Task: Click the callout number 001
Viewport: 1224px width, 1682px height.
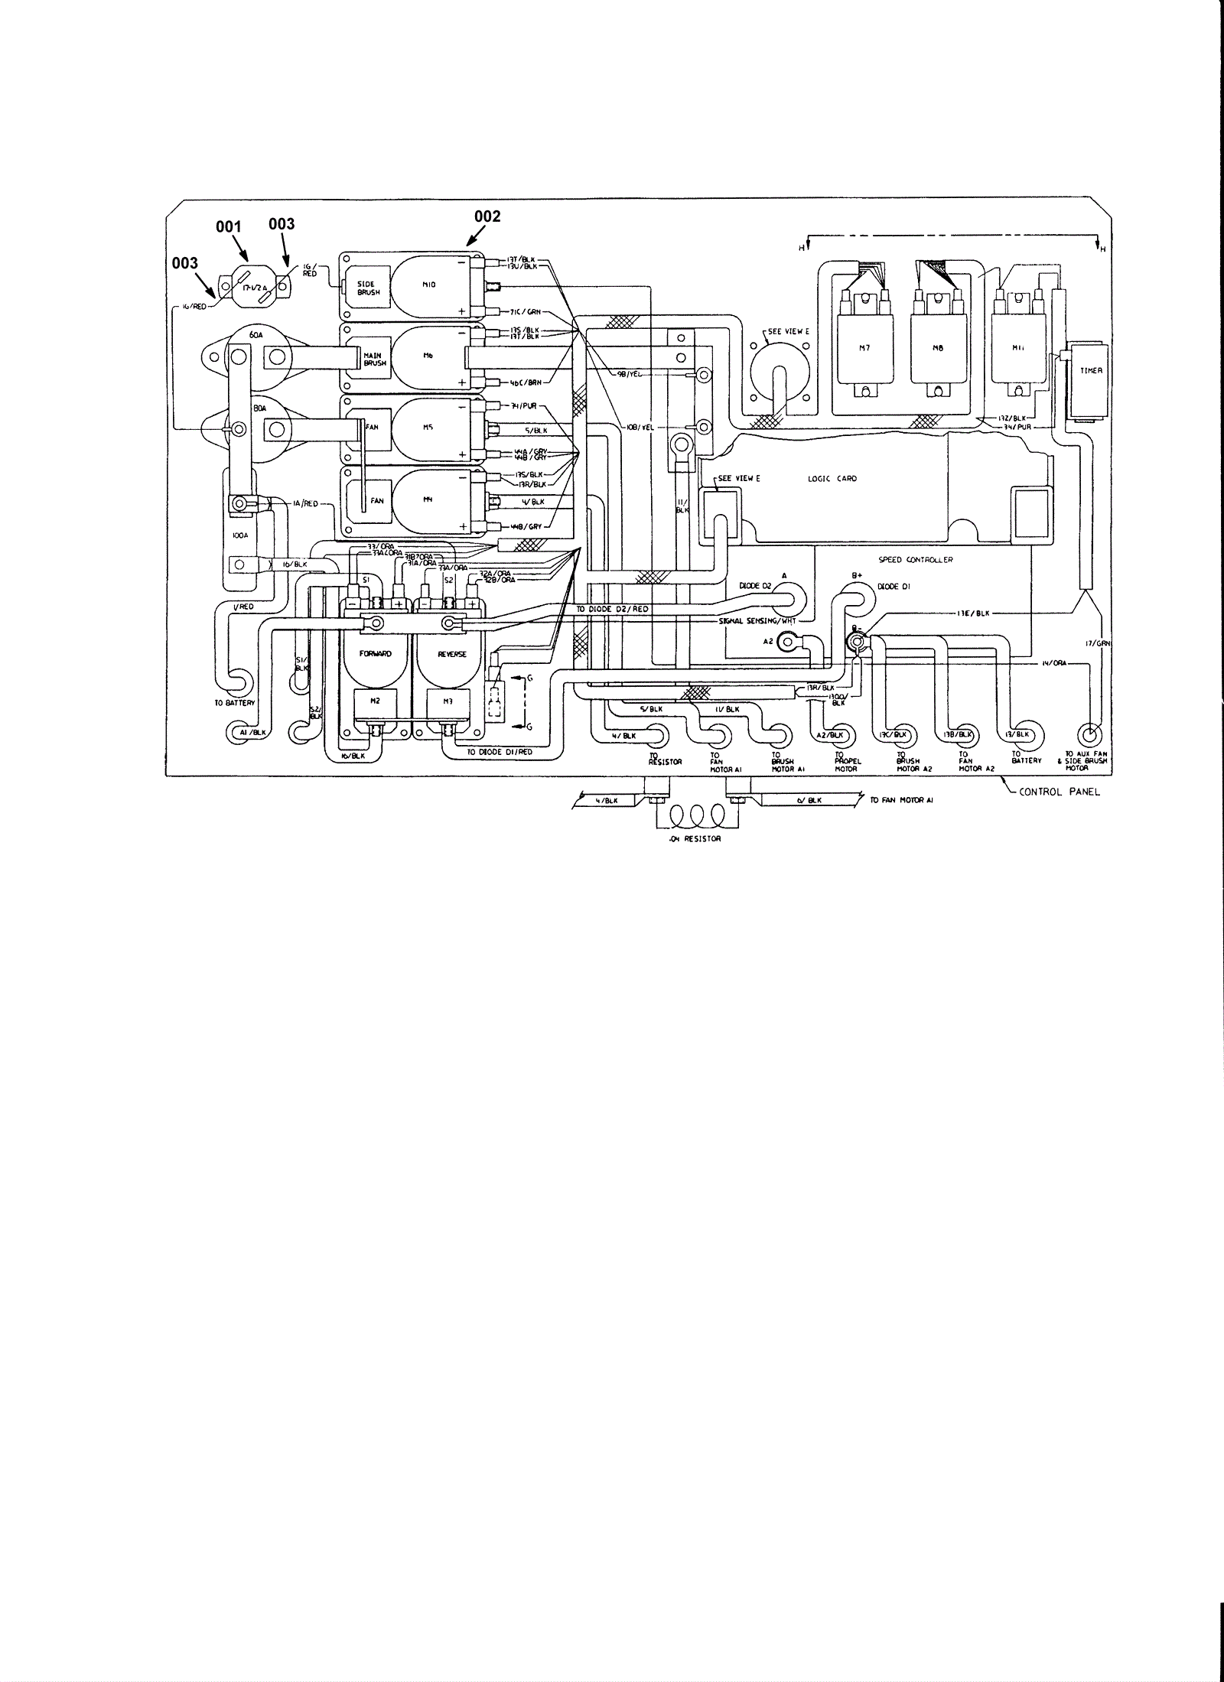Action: click(x=229, y=226)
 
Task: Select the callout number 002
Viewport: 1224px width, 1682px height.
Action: click(x=487, y=216)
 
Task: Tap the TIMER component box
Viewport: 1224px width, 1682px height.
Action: click(x=1090, y=380)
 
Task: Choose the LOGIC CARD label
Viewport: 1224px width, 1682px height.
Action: click(x=832, y=479)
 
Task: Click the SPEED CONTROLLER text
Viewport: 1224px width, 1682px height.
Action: click(x=926, y=560)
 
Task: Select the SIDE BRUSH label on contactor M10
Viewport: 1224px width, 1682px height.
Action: click(x=366, y=288)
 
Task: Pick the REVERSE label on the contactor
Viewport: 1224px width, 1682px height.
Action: click(x=451, y=654)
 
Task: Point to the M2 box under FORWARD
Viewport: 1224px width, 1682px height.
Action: click(x=376, y=701)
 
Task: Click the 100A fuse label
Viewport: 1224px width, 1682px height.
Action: click(x=240, y=536)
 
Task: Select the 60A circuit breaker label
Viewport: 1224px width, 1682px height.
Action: click(x=256, y=334)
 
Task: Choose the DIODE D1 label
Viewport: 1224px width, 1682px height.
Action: click(x=893, y=587)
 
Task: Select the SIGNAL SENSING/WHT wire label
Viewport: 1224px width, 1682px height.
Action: click(x=757, y=621)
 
